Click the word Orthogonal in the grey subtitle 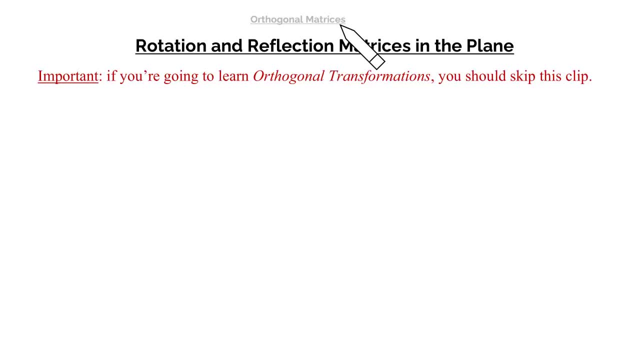(276, 19)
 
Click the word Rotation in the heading (171, 45)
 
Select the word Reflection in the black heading (290, 45)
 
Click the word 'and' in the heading (226, 45)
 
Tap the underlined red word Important (68, 76)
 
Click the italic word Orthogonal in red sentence (288, 76)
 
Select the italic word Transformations (379, 76)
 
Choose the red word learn (233, 76)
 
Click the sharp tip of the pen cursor (340, 25)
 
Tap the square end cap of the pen (377, 62)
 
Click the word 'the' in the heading (448, 45)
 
